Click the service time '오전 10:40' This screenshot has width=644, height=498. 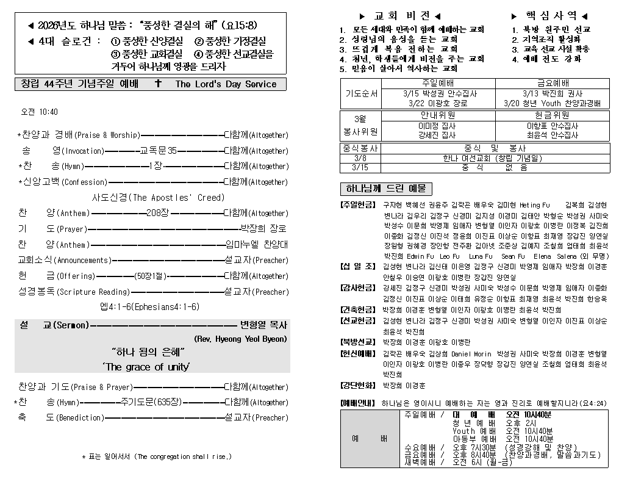click(x=40, y=112)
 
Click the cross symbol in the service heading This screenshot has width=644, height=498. click(x=158, y=84)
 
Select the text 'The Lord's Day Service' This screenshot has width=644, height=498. click(x=226, y=84)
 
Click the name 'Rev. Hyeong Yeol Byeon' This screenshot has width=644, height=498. click(x=240, y=339)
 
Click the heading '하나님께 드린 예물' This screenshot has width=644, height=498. click(x=385, y=189)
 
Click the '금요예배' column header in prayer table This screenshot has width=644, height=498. click(x=553, y=83)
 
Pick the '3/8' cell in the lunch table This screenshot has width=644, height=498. click(x=360, y=158)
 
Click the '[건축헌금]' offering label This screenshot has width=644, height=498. click(x=357, y=309)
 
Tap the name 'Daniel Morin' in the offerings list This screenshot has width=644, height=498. click(x=471, y=354)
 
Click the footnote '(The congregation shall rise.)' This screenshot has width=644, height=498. click(x=182, y=457)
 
